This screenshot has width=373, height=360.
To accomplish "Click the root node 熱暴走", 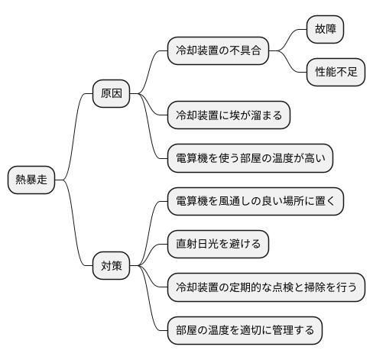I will tap(31, 180).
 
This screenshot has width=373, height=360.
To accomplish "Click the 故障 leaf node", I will tap(324, 30).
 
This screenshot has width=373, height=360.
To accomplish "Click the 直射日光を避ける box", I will tap(218, 245).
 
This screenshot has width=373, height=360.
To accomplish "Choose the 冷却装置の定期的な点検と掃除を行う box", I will tap(266, 288).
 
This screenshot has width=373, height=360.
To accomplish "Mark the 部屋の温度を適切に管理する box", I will tap(245, 331).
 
